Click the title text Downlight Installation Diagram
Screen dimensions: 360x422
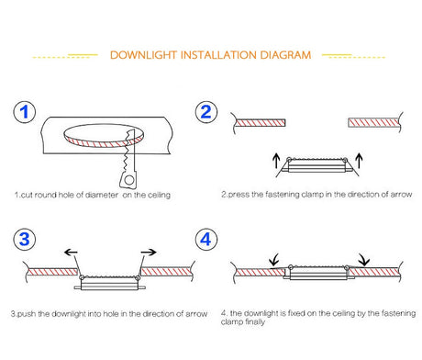210,55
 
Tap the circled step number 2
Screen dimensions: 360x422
207,114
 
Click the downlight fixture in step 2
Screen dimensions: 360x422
316,165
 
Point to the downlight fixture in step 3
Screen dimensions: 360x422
107,283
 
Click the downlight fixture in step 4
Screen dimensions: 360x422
317,273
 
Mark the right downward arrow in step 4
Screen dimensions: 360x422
364,261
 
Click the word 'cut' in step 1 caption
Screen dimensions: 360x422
26,195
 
